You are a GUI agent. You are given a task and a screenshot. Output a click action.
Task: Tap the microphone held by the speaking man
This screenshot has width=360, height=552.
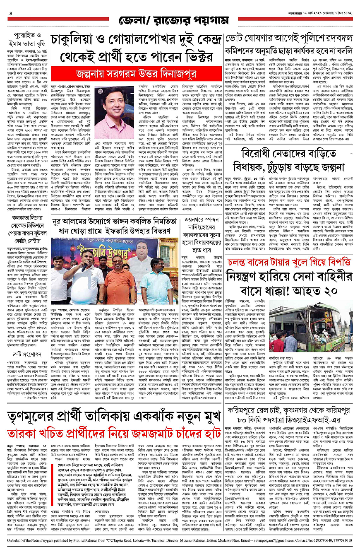pos(84,267)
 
